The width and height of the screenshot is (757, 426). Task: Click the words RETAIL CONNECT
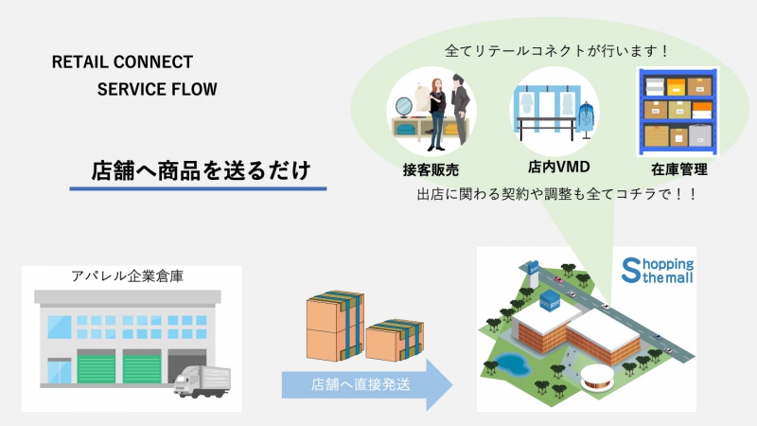point(122,62)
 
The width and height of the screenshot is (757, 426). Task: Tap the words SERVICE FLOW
point(157,89)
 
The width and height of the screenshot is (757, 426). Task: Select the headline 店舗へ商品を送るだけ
point(201,170)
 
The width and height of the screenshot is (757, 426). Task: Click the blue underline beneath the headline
point(198,188)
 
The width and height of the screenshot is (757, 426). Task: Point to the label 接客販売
point(431,169)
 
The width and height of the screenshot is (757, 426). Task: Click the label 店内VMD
point(558,168)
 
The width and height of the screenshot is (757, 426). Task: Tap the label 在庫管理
point(678,169)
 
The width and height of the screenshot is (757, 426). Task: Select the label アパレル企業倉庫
point(128,275)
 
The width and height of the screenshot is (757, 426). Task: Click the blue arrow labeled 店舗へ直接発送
point(367,385)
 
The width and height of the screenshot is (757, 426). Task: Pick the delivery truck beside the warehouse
point(202,382)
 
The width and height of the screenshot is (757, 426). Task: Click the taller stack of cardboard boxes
point(335,326)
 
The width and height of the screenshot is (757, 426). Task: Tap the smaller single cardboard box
point(395,340)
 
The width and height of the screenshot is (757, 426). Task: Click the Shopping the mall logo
point(657,271)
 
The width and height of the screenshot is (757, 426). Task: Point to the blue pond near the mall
point(511,364)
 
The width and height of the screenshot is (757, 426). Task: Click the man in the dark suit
point(460,109)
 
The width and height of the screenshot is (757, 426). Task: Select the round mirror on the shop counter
point(404,107)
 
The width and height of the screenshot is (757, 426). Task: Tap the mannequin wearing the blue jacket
point(586,119)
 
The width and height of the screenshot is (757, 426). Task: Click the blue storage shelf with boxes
point(678,112)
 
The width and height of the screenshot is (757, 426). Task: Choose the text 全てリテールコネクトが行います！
point(556,50)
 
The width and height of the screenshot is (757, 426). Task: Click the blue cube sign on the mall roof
point(550,300)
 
